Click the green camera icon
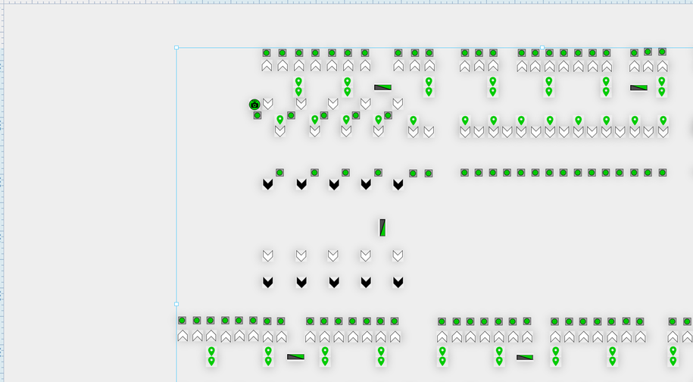click(255, 105)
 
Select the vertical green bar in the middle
click(382, 227)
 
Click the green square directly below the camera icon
click(258, 115)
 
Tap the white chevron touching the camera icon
click(267, 103)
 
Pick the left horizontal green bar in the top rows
click(382, 87)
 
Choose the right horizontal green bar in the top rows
click(638, 87)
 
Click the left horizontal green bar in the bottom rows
click(295, 356)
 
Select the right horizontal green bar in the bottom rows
click(525, 357)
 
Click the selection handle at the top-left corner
click(176, 47)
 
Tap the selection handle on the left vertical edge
click(176, 304)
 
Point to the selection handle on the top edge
click(542, 47)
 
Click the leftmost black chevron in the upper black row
click(267, 184)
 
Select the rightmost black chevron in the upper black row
click(398, 184)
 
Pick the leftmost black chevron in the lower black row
click(267, 282)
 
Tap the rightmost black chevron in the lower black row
click(398, 282)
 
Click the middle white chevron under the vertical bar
click(333, 255)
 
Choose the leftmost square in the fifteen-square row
click(464, 173)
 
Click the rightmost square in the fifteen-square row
click(663, 173)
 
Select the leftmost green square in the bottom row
click(183, 321)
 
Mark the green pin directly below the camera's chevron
click(280, 120)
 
